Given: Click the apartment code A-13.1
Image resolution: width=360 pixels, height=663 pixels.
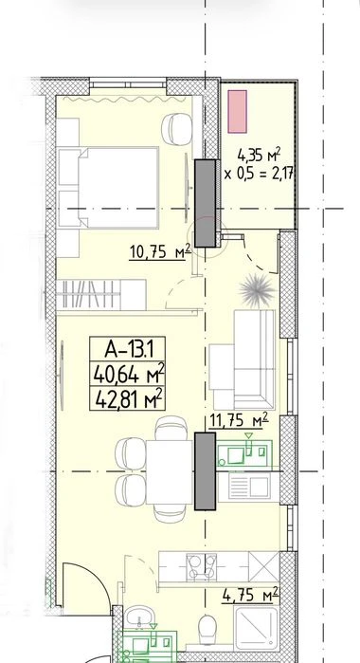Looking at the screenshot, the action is click(x=128, y=349).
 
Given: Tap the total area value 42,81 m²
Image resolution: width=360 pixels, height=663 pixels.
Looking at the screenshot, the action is click(x=128, y=399).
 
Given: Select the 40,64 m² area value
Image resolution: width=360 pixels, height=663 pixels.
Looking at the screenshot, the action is click(x=128, y=374).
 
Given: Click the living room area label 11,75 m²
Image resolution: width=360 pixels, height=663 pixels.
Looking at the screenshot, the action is click(x=239, y=421).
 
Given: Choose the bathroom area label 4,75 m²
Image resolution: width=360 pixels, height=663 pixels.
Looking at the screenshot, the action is click(x=250, y=595).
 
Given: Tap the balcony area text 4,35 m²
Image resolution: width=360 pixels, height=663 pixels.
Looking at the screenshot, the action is click(x=260, y=155).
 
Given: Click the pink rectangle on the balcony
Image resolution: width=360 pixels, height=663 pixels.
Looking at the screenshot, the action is click(x=237, y=112).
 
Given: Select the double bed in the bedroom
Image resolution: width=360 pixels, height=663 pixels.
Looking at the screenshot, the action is click(x=108, y=187).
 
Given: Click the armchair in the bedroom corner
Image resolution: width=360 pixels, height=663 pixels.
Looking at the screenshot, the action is click(x=176, y=129).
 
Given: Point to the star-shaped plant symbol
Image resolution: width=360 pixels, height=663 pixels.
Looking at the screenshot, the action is click(x=257, y=291).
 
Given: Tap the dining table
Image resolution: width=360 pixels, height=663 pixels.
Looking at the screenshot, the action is click(x=169, y=472).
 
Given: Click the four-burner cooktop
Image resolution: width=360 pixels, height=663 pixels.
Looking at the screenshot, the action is click(x=202, y=566).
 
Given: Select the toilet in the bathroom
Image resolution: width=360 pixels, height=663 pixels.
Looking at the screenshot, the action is click(x=207, y=629).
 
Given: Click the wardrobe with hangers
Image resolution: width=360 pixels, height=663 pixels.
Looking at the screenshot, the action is click(x=101, y=295).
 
